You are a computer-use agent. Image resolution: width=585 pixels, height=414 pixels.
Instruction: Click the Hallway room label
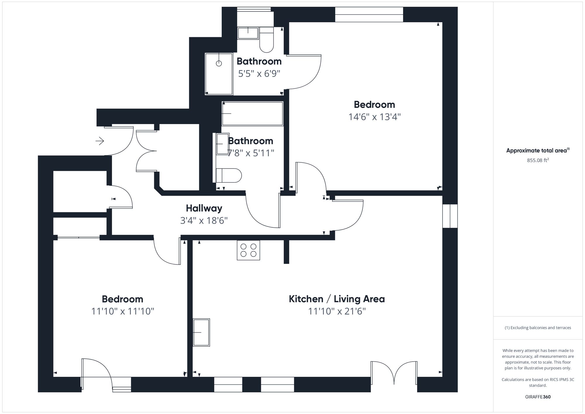tap(204, 208)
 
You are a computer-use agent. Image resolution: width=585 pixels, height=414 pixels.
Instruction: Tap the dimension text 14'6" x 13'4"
tap(374, 117)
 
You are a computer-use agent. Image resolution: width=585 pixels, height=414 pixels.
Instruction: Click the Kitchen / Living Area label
tap(337, 299)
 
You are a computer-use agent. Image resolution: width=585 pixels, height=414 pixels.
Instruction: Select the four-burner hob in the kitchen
tap(248, 250)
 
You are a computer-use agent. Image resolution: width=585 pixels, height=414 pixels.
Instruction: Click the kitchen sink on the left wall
tap(201, 332)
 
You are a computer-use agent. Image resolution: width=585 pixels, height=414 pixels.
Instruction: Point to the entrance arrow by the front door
tap(100, 141)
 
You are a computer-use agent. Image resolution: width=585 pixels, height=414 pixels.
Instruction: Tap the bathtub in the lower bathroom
tap(252, 114)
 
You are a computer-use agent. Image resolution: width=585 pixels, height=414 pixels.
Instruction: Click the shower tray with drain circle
tap(219, 74)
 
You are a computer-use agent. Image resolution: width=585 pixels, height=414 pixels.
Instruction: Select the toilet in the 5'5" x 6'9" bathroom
tap(266, 40)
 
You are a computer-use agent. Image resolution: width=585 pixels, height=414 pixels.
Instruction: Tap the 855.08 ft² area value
tap(538, 160)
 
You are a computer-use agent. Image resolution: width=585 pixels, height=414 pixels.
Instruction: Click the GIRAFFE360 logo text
tap(538, 397)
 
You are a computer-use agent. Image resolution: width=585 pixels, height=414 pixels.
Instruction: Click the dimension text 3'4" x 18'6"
tap(204, 220)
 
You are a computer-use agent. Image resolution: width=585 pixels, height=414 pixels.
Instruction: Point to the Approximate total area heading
tap(538, 150)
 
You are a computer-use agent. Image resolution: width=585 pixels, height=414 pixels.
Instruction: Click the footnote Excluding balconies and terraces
tap(538, 328)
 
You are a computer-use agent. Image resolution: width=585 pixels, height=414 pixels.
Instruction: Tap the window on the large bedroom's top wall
tap(369, 15)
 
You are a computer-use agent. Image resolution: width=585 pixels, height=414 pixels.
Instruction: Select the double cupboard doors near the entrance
tap(146, 151)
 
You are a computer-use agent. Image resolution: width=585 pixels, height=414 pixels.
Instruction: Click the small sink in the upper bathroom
tap(248, 33)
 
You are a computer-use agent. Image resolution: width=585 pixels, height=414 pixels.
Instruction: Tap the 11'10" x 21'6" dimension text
tap(337, 311)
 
